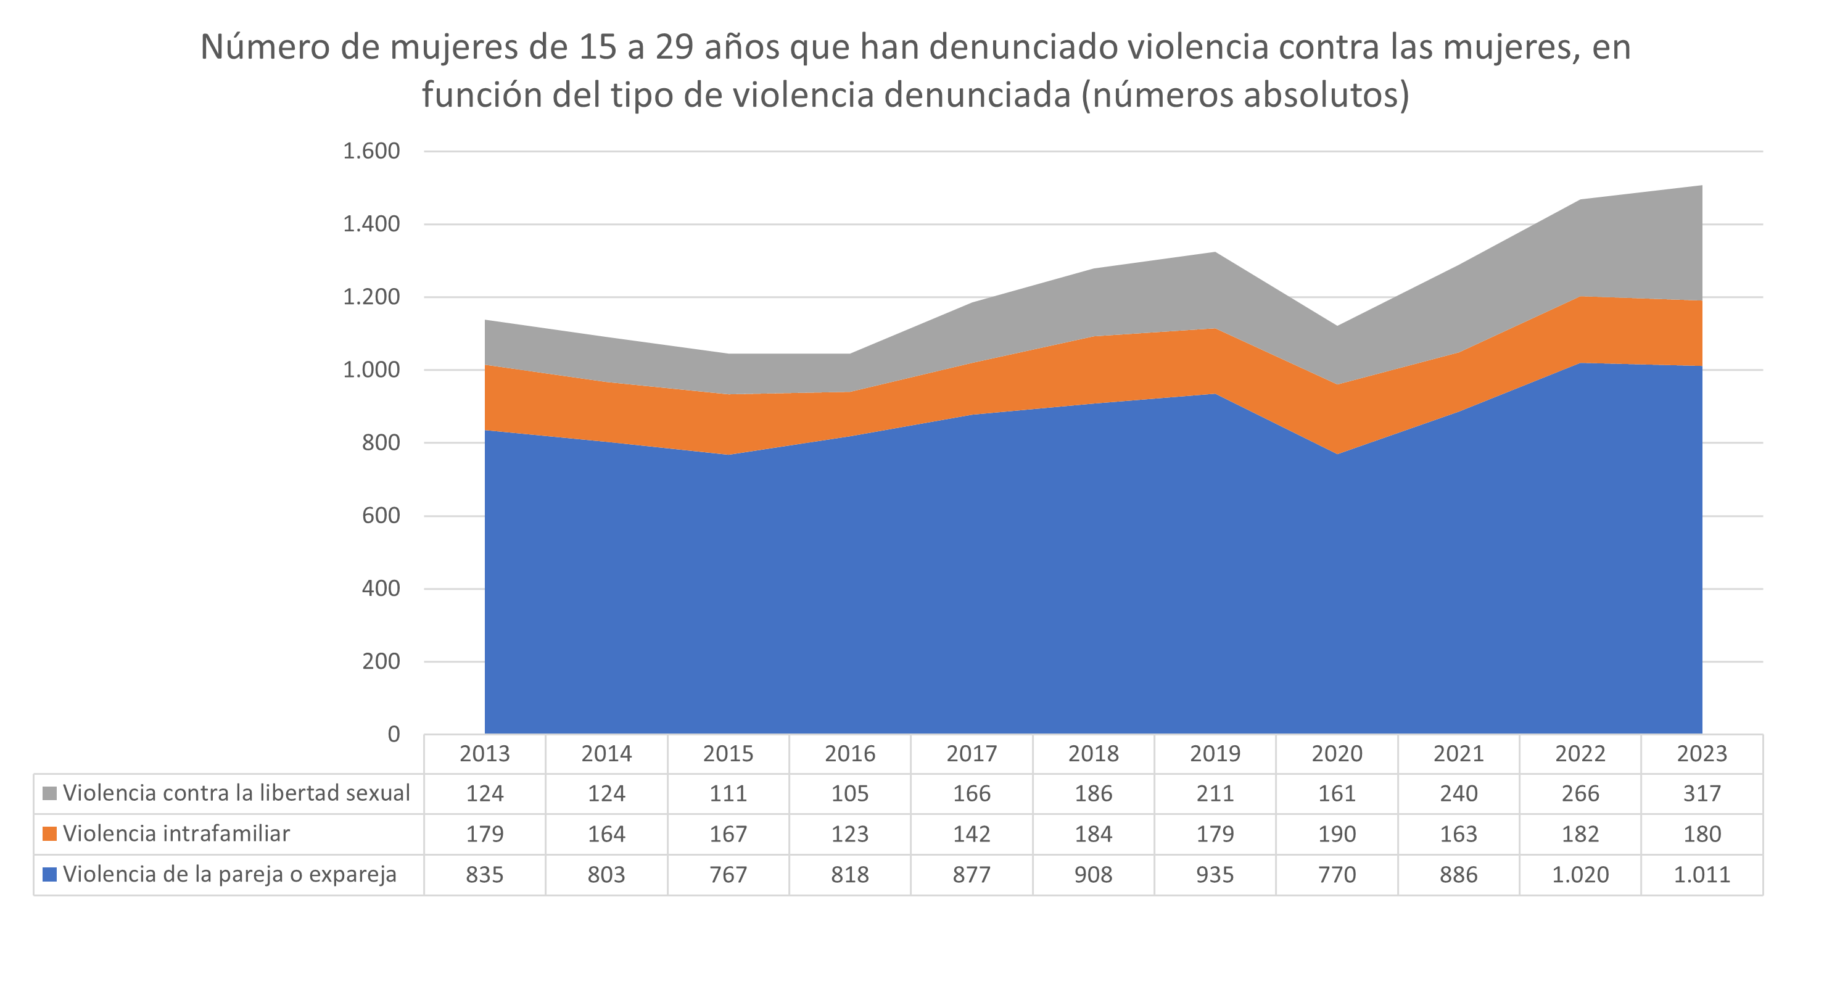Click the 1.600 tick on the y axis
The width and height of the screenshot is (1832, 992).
point(371,152)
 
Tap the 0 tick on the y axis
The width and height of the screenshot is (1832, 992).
point(394,735)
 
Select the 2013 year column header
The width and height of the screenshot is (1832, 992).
point(484,754)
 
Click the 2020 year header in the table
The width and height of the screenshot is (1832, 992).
point(1337,754)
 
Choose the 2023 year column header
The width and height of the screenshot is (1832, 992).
point(1702,754)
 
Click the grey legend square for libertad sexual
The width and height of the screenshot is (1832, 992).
point(49,793)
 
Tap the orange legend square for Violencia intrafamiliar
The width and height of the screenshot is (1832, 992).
point(49,834)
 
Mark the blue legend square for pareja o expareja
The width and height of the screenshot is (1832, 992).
point(49,875)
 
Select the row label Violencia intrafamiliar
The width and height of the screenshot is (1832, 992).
point(176,834)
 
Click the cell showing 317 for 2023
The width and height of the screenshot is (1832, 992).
point(1702,793)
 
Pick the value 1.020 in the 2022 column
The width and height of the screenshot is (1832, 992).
point(1580,875)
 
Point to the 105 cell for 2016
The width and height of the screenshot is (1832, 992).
point(850,793)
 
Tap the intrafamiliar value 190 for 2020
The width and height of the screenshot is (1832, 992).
point(1337,834)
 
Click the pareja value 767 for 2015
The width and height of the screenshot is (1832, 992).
point(728,875)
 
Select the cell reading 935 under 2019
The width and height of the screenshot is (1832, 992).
point(1215,875)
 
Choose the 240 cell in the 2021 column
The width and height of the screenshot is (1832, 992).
point(1459,793)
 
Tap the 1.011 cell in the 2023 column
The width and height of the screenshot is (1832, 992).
point(1702,875)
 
